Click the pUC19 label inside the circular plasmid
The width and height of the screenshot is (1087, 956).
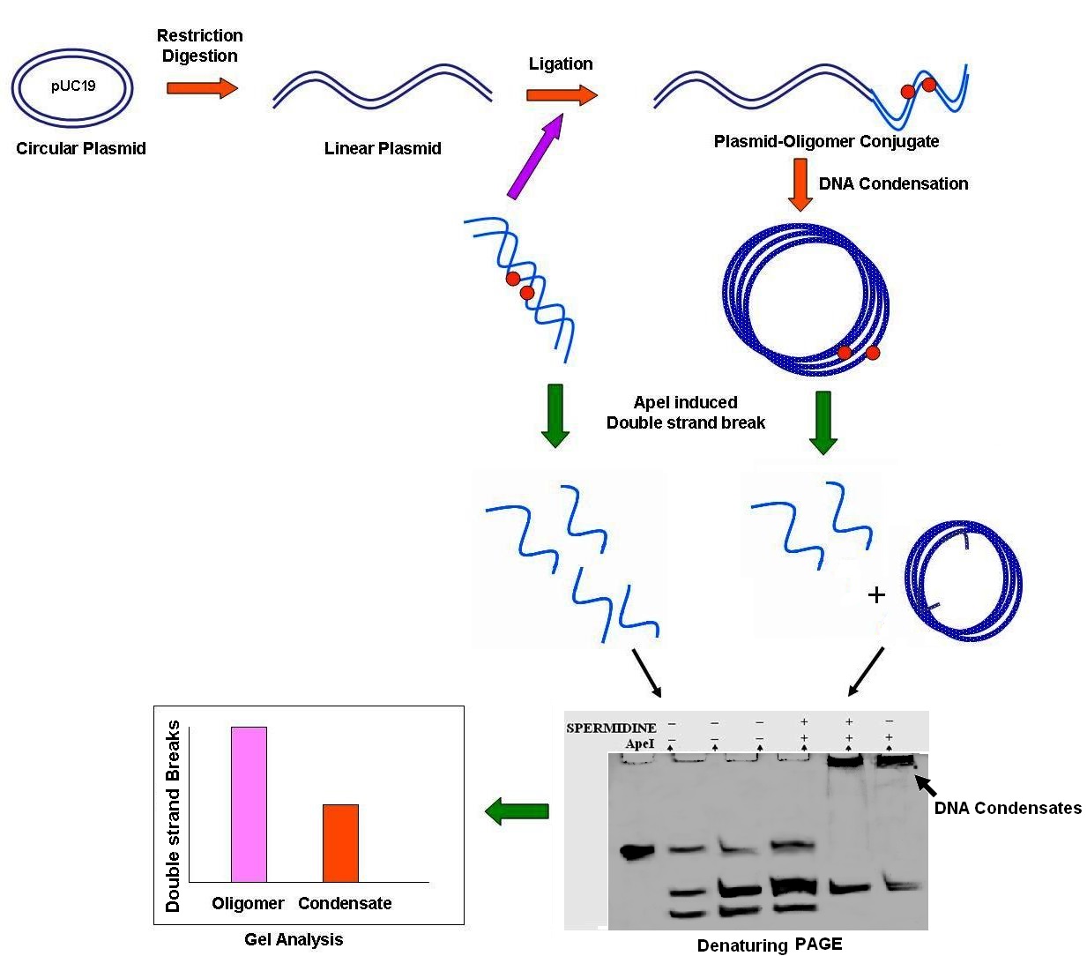(x=72, y=87)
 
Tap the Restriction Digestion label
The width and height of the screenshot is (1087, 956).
(x=200, y=46)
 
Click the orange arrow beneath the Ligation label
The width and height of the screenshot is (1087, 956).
(x=562, y=95)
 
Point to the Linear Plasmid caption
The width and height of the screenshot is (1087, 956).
(x=383, y=149)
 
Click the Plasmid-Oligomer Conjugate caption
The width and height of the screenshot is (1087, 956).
(x=826, y=141)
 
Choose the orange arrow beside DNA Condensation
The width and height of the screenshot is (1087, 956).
(x=800, y=185)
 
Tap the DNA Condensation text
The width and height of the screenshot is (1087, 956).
(x=893, y=184)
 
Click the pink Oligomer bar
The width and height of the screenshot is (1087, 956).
(x=249, y=803)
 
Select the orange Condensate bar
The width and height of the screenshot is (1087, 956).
(x=340, y=842)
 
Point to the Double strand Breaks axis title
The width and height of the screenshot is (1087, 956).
(x=173, y=816)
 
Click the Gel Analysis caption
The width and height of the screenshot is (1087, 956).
(x=294, y=940)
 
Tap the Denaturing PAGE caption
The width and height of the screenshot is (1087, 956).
(x=770, y=945)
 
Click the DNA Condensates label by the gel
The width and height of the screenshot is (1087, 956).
(x=1008, y=808)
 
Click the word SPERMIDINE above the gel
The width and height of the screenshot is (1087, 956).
(x=611, y=728)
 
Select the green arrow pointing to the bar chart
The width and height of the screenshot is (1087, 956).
(x=517, y=810)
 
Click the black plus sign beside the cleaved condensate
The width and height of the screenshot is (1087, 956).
(x=876, y=595)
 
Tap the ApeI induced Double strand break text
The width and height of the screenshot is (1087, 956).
(x=685, y=413)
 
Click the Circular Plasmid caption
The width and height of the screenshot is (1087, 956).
(x=81, y=149)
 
